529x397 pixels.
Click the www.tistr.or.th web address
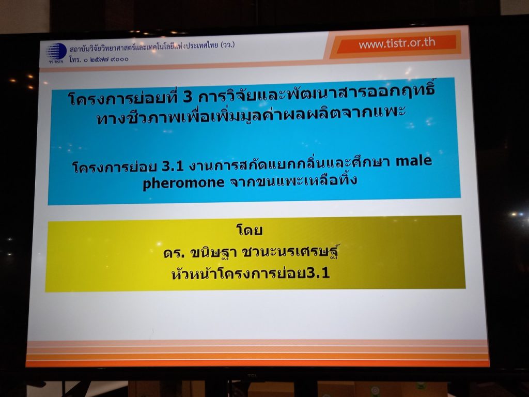[397, 43]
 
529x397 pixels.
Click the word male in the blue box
[414, 160]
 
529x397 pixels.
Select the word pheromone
[183, 182]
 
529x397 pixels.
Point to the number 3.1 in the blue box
[173, 166]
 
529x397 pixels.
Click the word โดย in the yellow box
[250, 230]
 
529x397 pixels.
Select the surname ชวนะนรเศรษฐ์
[290, 251]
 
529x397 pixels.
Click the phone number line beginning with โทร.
[99, 59]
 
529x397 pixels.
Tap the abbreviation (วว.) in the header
[227, 44]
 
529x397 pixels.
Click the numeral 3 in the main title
[188, 98]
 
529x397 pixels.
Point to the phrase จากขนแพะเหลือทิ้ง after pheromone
[293, 180]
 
